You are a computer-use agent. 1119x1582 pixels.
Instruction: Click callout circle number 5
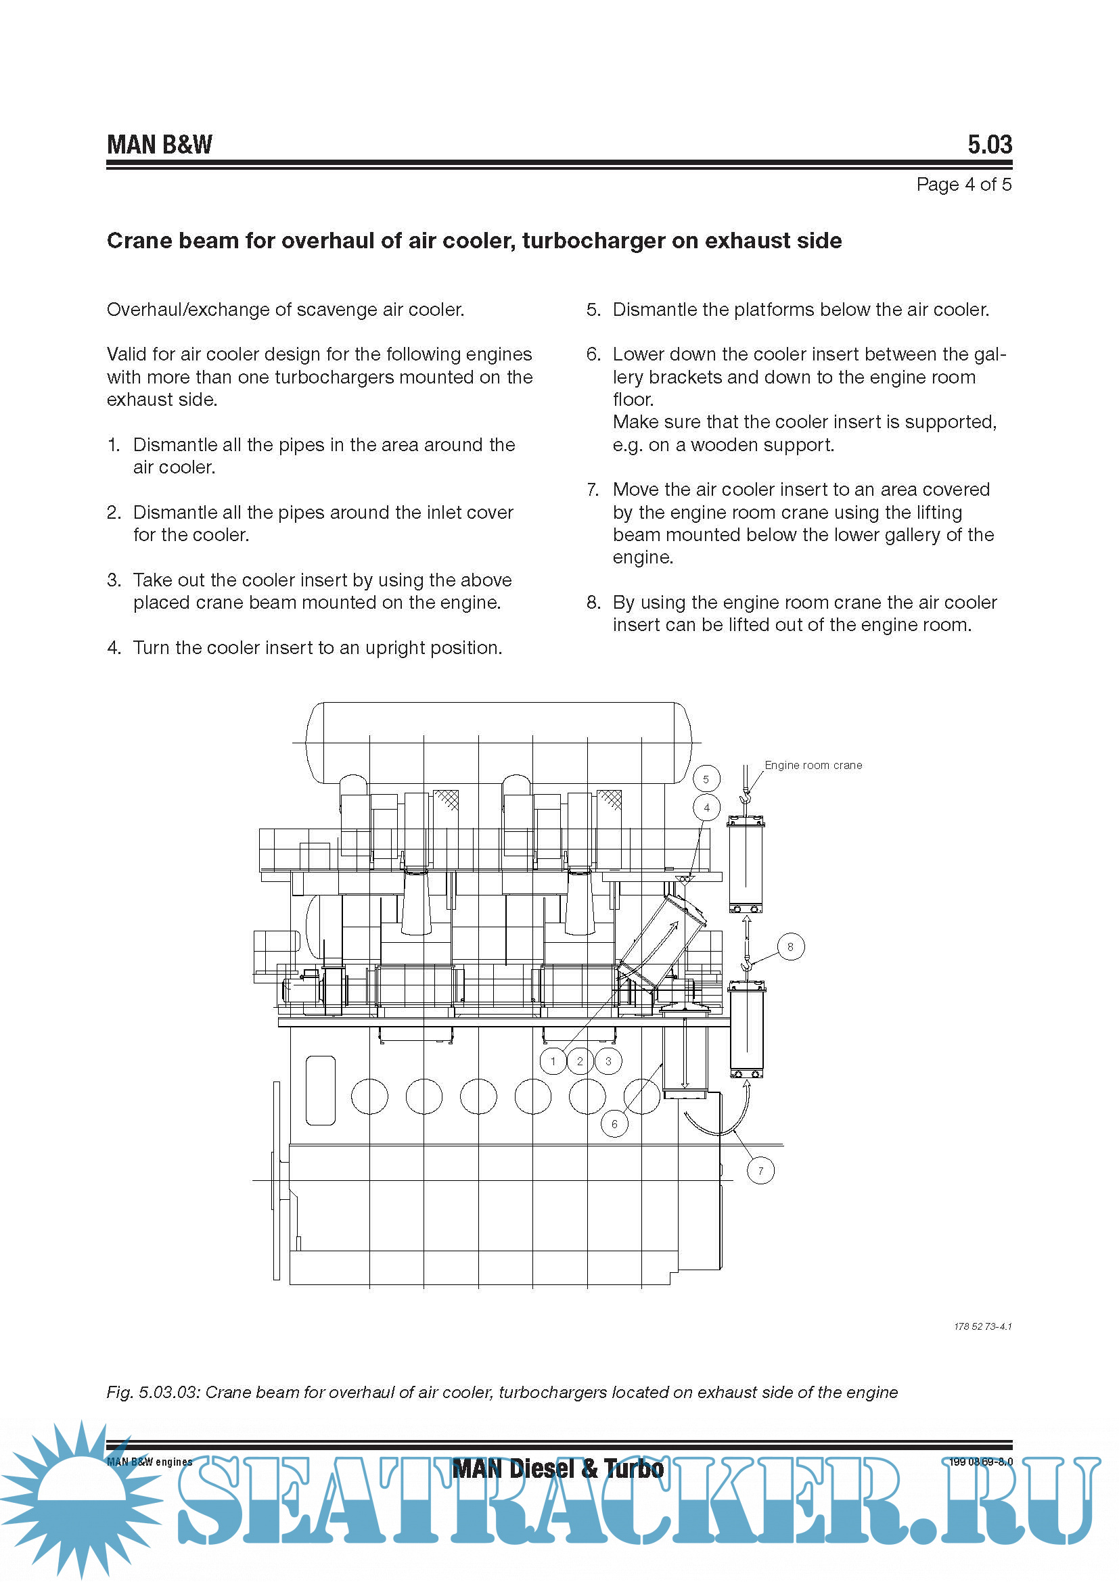[x=706, y=779]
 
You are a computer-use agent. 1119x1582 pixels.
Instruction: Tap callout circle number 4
[x=706, y=808]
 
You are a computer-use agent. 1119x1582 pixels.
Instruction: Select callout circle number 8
[x=790, y=947]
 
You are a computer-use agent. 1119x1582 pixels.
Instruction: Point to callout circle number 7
[x=760, y=1171]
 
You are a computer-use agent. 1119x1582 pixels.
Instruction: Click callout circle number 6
[x=614, y=1124]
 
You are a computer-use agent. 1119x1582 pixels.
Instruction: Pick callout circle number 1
[x=553, y=1061]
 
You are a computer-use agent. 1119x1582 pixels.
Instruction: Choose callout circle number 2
[x=580, y=1061]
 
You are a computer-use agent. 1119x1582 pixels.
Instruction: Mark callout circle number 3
[x=608, y=1061]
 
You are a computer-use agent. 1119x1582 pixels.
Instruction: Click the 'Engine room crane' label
[x=813, y=765]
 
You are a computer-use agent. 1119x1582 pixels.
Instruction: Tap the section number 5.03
[x=990, y=145]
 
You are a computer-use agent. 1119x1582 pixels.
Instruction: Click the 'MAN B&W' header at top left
[x=159, y=145]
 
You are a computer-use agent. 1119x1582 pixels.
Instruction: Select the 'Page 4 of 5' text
[x=963, y=185]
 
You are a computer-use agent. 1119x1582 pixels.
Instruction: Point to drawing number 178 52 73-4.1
[x=982, y=1326]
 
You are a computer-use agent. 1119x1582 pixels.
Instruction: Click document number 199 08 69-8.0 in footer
[x=980, y=1462]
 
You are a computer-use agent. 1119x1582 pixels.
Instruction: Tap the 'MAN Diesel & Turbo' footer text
[x=558, y=1468]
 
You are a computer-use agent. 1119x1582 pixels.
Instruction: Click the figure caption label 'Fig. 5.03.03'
[x=152, y=1392]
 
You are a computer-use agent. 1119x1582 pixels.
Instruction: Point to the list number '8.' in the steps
[x=593, y=603]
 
